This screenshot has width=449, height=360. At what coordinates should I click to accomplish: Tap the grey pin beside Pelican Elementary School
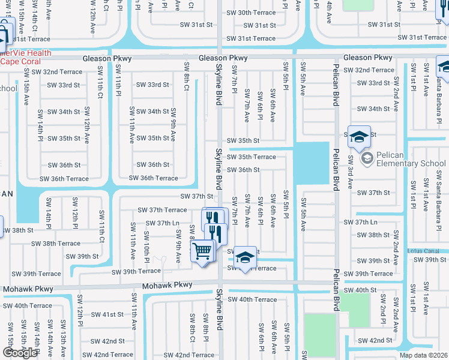click(367, 159)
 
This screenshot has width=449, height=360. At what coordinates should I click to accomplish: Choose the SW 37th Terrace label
click(162, 210)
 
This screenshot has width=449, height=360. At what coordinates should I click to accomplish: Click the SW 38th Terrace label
click(56, 244)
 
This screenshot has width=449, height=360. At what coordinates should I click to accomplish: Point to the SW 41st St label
click(107, 314)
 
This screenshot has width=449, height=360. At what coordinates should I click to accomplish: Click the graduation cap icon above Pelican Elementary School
click(358, 138)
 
